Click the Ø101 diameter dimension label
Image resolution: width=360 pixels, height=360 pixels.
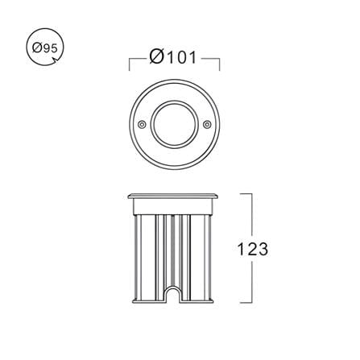(173, 57)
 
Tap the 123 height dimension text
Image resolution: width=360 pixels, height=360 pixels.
(253, 249)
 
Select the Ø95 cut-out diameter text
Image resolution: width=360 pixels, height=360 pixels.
(45, 48)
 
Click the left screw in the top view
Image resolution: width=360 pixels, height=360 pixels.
(142, 124)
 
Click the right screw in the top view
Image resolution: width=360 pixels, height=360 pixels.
(207, 124)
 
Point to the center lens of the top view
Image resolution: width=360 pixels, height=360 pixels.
(175, 124)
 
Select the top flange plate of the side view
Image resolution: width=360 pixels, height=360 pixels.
(174, 196)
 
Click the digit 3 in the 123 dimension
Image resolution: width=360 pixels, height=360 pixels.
(263, 249)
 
